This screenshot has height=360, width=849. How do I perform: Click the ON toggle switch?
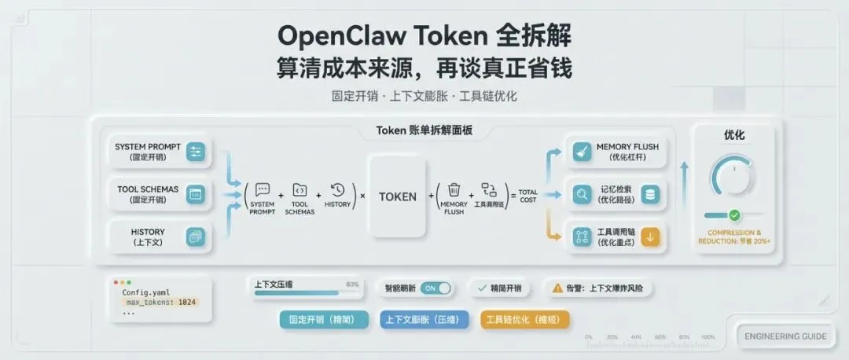(436, 288)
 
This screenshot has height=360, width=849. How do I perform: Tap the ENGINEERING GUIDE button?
(785, 336)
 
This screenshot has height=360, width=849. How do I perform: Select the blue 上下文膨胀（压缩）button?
(424, 320)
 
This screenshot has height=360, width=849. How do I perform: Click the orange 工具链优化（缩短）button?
(524, 320)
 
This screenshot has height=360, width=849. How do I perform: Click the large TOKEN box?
(398, 197)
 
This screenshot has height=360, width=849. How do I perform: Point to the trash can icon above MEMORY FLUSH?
(454, 189)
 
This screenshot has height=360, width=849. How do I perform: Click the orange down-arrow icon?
(649, 237)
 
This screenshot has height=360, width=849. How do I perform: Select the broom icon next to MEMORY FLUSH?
(582, 151)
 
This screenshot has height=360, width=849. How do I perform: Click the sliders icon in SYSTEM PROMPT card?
(196, 151)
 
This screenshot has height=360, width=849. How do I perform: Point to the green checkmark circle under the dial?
(734, 215)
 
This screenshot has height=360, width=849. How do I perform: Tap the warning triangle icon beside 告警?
(557, 288)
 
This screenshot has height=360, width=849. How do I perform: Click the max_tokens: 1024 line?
(160, 301)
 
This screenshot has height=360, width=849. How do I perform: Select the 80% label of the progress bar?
(352, 284)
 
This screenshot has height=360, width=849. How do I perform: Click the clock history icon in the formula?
(338, 189)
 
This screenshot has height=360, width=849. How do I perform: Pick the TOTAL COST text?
(528, 196)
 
